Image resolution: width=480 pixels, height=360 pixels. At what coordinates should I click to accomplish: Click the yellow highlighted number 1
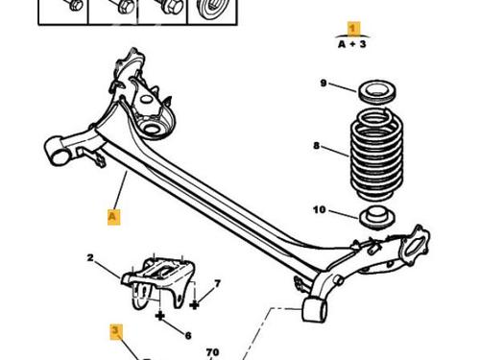[352, 29]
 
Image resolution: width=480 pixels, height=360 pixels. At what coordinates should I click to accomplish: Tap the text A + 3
[352, 44]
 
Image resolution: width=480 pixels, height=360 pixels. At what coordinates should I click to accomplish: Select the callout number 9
[324, 84]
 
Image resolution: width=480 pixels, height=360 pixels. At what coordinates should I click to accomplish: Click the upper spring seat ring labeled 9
[376, 92]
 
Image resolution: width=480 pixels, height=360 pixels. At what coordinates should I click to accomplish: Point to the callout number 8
[317, 146]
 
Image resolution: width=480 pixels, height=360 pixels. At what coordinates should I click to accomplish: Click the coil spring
[376, 156]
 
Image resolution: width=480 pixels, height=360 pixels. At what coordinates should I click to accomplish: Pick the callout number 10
[320, 210]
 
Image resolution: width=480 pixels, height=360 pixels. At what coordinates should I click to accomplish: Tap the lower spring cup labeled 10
[377, 219]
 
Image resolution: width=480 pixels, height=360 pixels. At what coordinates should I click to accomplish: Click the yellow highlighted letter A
[112, 216]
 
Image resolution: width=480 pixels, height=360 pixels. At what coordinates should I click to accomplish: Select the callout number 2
[90, 257]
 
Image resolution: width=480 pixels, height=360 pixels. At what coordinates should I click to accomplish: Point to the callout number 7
[217, 283]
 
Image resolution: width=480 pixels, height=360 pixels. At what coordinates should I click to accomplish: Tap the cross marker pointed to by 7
[194, 305]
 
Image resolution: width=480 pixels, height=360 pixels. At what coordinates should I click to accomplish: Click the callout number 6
[188, 335]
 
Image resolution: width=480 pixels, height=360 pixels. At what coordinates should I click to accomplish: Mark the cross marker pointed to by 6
[159, 316]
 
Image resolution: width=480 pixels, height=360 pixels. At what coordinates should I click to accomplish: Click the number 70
[212, 352]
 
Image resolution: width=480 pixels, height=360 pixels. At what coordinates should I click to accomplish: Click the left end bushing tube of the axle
[57, 152]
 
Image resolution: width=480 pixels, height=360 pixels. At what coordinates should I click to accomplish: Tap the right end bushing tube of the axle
[315, 310]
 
